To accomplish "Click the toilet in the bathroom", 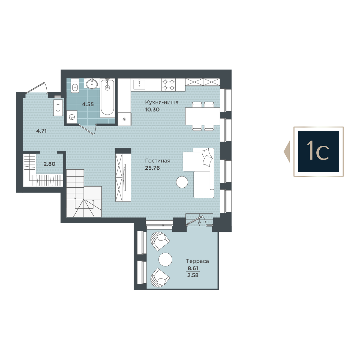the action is pos(75,86).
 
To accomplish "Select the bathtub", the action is pos(107,98).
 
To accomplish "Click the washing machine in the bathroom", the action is pos(72,117).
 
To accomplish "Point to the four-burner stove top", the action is pos(169,85).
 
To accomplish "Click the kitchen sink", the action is pos(139,84).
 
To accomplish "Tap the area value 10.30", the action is pos(152,109).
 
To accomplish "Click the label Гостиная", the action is pos(158,161).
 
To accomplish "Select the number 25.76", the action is pos(152,168).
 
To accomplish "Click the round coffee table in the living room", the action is pos(182,182).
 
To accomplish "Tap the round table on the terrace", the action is pos(165,259).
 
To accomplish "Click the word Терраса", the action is pos(197,261).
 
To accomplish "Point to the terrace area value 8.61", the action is pos(193,268).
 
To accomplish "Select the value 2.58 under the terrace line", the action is pos(193,275).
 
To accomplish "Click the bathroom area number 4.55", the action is pos(88,104).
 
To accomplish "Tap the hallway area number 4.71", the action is pos(41,131).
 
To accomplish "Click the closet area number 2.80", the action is pos(49,164).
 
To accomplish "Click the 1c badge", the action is pos(319,152).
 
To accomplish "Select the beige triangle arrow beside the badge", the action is pos(287,152).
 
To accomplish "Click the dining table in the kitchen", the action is pos(203,116).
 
